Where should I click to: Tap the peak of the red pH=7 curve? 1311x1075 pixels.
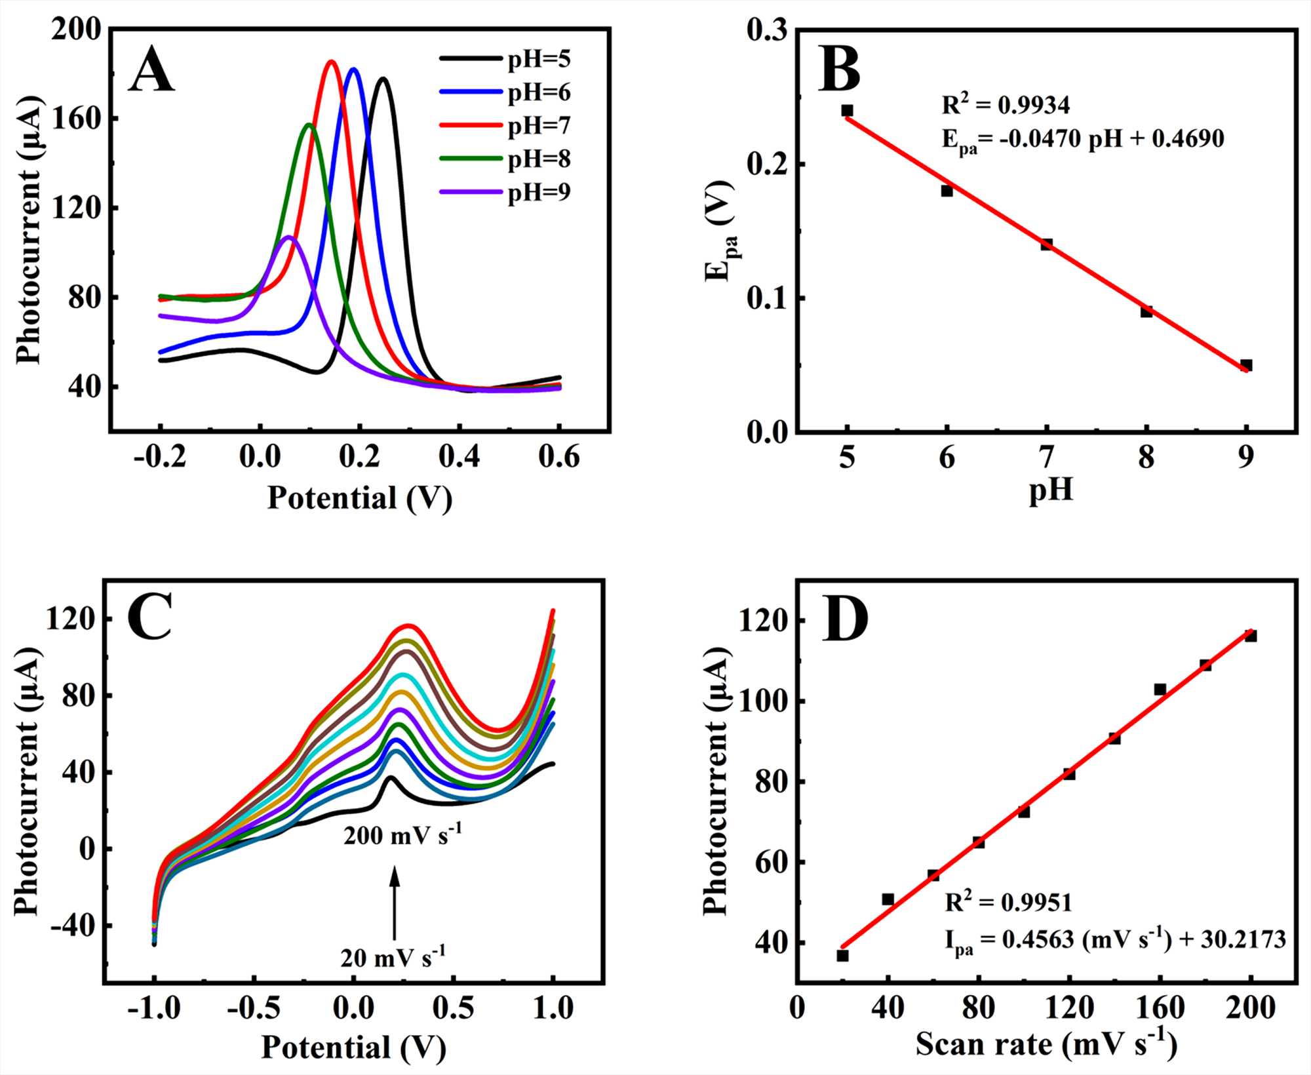point(331,62)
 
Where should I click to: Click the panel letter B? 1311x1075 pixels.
point(839,71)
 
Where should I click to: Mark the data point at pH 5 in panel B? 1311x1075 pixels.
point(848,110)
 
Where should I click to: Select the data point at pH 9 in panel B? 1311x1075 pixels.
point(1246,365)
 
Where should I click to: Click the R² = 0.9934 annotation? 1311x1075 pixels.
point(1006,105)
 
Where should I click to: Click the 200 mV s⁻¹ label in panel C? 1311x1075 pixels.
point(402,835)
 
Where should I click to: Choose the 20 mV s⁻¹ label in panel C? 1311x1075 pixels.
point(393,958)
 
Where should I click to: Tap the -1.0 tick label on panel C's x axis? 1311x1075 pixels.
point(154,1007)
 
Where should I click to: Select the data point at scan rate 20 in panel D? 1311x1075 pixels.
point(843,955)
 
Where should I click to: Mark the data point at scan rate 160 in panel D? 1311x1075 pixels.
point(1160,689)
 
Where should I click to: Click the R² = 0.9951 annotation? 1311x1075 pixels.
point(1008,903)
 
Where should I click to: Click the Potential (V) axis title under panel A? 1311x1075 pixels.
point(360,498)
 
